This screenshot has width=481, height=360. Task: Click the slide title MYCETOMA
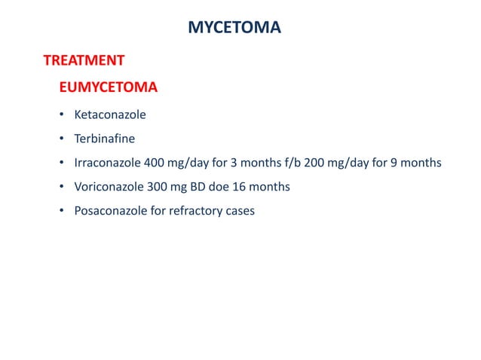click(234, 29)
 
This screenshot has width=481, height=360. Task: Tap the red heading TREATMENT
click(84, 59)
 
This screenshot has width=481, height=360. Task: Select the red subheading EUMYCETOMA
click(108, 88)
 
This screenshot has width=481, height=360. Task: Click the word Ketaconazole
click(109, 116)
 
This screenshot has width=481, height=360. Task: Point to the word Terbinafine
click(104, 139)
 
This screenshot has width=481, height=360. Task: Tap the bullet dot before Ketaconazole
click(62, 116)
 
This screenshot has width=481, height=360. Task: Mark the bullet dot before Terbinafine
click(62, 139)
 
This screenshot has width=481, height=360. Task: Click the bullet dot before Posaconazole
click(62, 211)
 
